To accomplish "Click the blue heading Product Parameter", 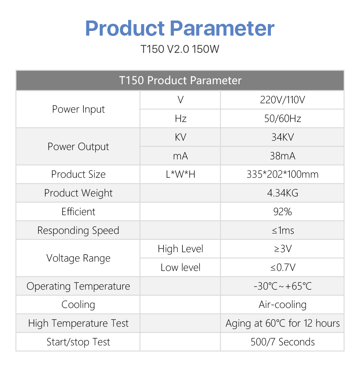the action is (180, 29).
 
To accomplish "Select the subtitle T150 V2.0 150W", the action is (180, 49).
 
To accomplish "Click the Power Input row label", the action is (78, 109).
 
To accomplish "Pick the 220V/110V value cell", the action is (283, 100).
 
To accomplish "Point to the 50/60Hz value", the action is (283, 119).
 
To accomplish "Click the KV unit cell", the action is (180, 137).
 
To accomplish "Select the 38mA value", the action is (283, 156).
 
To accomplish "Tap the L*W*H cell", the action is (180, 174).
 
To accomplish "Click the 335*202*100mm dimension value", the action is (283, 174).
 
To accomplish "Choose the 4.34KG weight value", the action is (283, 193).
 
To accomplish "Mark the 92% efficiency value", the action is (283, 212).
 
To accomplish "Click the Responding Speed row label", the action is (78, 231).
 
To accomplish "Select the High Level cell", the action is (180, 249).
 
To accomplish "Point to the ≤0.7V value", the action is (283, 267).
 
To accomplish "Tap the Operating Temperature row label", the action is (78, 286).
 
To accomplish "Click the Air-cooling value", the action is (283, 305).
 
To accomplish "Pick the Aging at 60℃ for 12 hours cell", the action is (283, 323).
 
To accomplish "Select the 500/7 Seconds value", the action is (283, 342).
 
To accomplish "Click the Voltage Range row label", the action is (78, 258).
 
